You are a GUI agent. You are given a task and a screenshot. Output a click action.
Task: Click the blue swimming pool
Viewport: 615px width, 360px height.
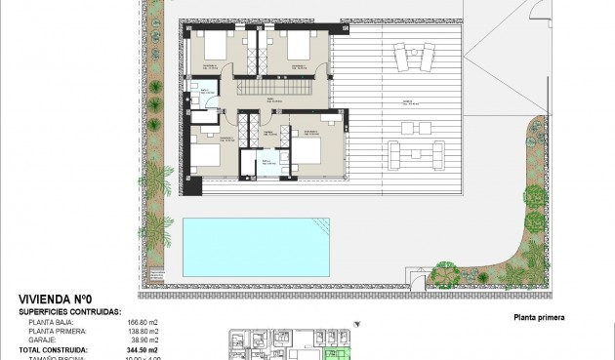256,245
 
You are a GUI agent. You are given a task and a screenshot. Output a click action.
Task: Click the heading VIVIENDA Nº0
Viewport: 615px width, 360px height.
55,300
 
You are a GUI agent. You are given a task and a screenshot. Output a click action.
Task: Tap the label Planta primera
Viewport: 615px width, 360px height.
538,317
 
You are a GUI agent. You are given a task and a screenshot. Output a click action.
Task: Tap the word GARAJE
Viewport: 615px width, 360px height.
43,339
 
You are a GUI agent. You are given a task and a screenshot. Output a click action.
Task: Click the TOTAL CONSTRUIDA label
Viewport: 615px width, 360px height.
54,348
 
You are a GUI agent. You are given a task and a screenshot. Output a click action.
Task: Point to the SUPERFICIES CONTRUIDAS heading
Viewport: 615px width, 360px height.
69,311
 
